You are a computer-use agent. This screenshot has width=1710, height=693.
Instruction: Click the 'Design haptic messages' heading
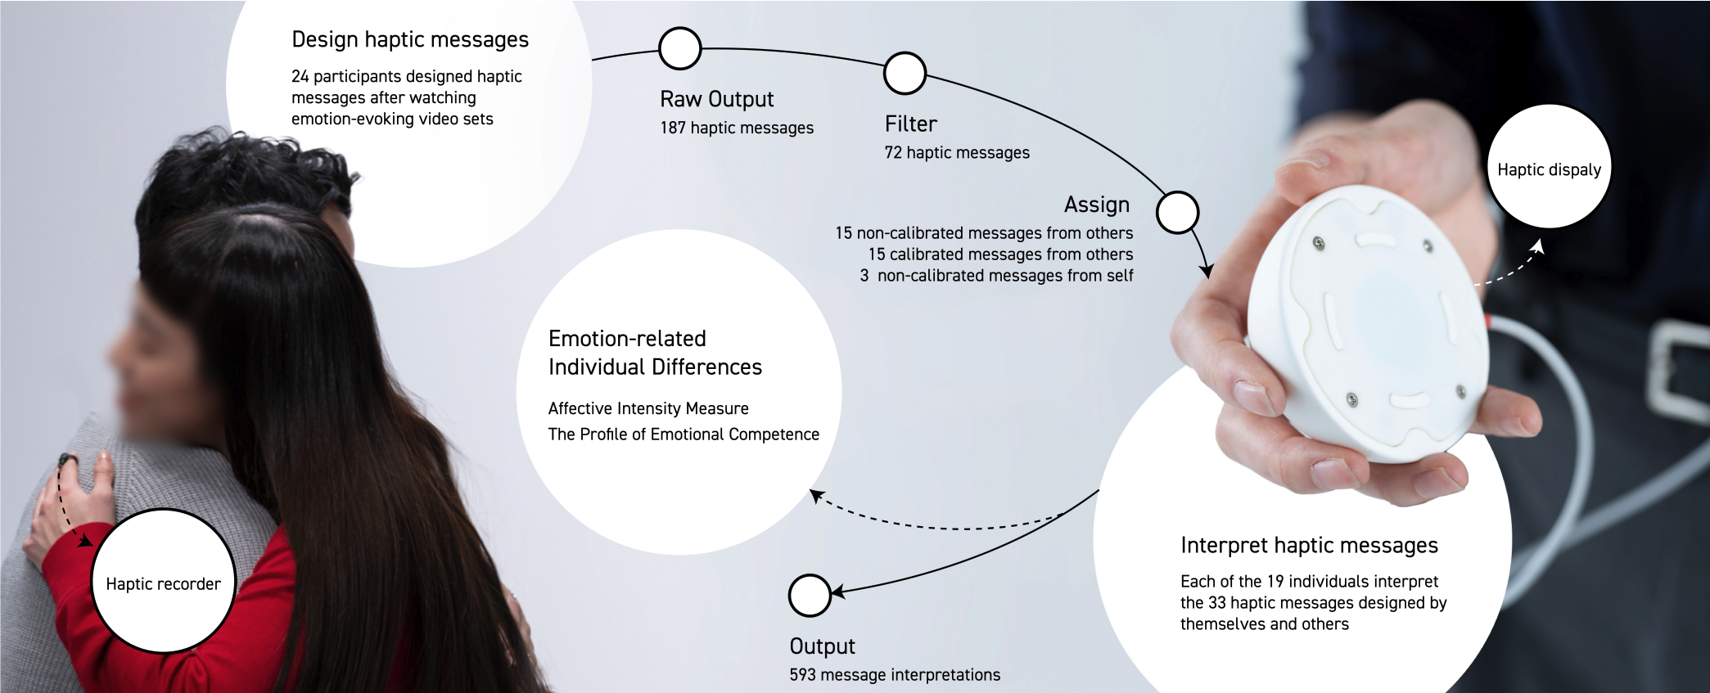click(x=410, y=40)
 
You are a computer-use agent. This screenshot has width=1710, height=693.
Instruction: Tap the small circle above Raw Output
click(x=679, y=48)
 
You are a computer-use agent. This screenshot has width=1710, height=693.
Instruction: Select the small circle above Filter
click(x=905, y=74)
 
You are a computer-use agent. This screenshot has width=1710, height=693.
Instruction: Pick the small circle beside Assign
click(x=1177, y=213)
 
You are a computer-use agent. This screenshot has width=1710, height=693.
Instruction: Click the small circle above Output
click(x=810, y=595)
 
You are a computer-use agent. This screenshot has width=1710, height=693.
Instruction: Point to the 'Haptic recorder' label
click(x=163, y=584)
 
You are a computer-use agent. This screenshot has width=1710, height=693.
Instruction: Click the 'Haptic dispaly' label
click(x=1549, y=170)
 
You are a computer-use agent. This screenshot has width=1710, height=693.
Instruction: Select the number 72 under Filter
click(x=893, y=153)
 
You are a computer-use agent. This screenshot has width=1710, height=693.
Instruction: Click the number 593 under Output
click(x=802, y=675)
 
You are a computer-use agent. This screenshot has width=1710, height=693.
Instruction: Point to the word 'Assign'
click(x=1097, y=205)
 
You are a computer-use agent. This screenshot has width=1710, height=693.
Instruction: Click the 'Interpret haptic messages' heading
click(x=1309, y=546)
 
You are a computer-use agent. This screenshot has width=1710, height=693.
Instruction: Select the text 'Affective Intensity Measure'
click(x=648, y=408)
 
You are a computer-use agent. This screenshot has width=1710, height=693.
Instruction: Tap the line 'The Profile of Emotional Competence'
click(x=684, y=434)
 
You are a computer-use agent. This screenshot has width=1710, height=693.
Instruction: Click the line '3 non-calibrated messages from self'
click(x=996, y=276)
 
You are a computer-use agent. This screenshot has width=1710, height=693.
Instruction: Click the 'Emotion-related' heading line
click(x=627, y=339)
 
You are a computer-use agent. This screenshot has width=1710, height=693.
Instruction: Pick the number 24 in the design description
click(x=300, y=77)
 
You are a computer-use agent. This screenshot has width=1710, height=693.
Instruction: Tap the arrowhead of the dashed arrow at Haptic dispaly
click(x=1538, y=245)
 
